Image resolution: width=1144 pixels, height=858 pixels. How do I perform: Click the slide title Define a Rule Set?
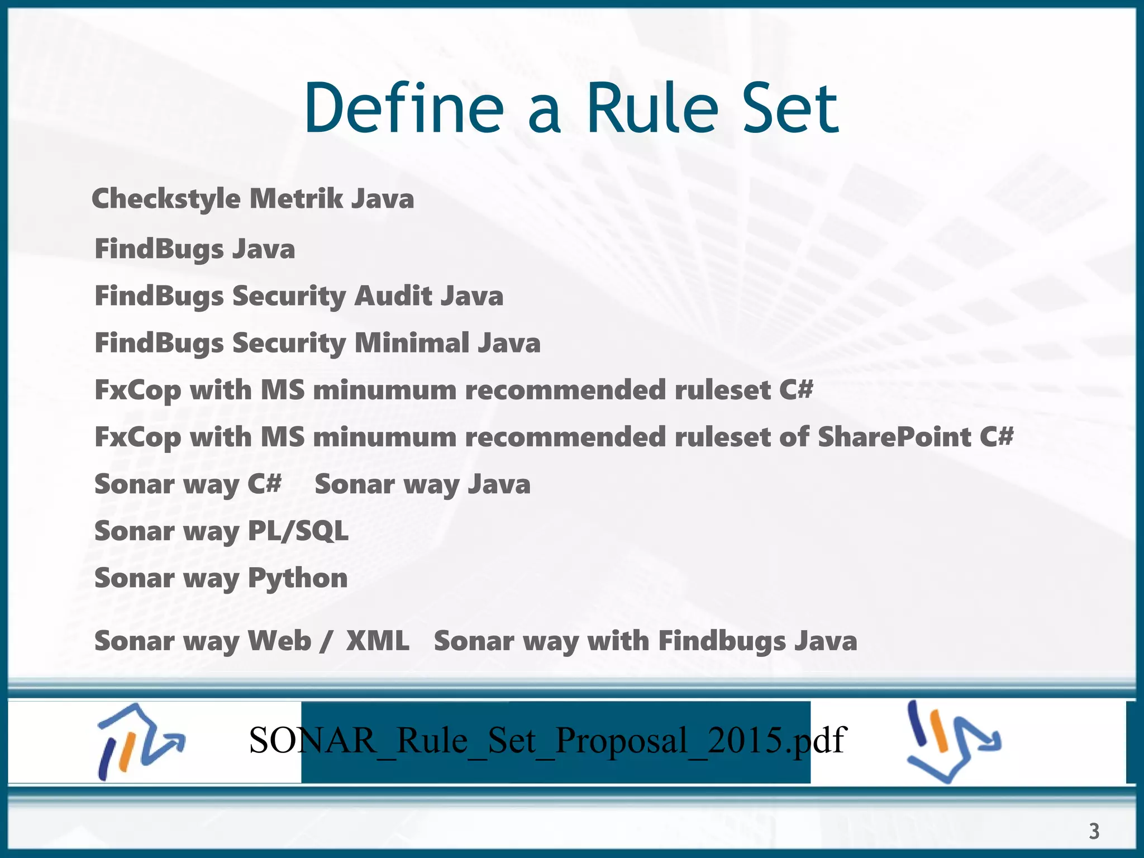(x=571, y=108)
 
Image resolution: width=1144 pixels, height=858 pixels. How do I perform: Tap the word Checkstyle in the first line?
(x=166, y=199)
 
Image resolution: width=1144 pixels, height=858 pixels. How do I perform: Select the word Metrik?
(x=296, y=199)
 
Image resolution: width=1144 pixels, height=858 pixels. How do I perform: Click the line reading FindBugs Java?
(x=194, y=249)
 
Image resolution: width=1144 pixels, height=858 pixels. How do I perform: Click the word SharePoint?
(x=894, y=437)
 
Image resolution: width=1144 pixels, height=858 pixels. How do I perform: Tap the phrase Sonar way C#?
(x=188, y=484)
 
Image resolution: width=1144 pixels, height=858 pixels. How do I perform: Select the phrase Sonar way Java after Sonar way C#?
(x=422, y=484)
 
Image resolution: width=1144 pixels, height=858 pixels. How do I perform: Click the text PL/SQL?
(x=298, y=531)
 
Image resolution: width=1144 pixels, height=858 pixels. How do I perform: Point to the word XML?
(x=378, y=641)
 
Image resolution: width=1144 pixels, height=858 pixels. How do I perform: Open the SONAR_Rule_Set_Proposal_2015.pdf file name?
(x=547, y=741)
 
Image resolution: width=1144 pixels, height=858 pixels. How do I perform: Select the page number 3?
(x=1094, y=831)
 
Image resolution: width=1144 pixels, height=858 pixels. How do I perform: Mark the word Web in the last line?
(x=279, y=641)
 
